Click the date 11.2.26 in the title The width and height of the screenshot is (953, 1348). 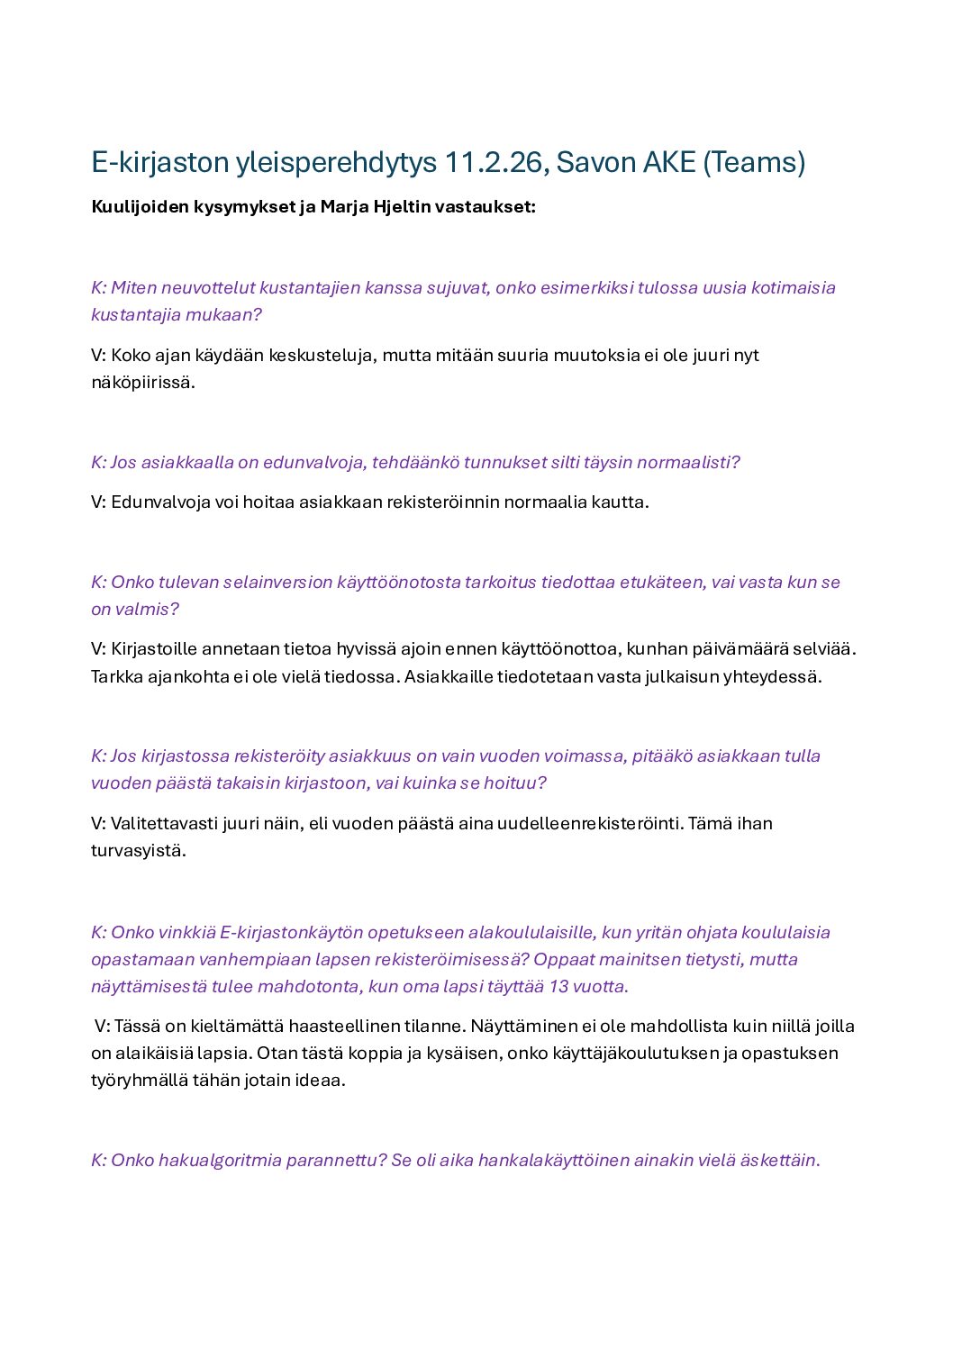(x=494, y=163)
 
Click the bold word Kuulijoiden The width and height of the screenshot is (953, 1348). (x=140, y=207)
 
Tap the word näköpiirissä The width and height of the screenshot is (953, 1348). (x=142, y=383)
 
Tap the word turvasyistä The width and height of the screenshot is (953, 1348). (x=138, y=851)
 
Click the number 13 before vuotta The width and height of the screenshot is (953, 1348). (x=558, y=987)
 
